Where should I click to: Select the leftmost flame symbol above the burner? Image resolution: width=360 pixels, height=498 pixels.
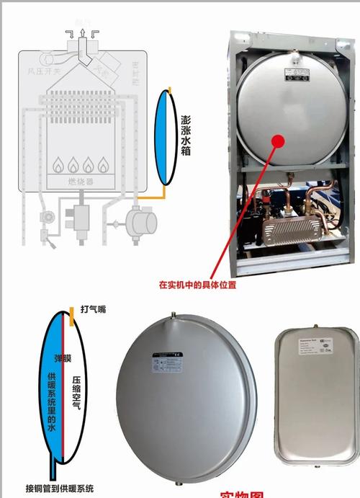tap(58, 164)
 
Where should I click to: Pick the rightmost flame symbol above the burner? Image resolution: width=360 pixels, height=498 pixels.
tap(104, 164)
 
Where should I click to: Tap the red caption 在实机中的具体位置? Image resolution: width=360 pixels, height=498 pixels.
tap(198, 285)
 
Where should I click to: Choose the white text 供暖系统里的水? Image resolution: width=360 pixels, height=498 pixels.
tap(51, 404)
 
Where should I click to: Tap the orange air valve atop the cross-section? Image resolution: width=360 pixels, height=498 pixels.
tap(72, 315)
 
